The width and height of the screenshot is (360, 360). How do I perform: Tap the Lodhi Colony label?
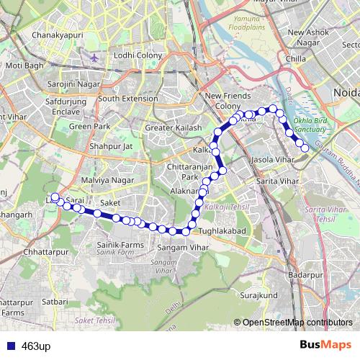(134, 55)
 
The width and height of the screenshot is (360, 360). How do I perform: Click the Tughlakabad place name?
(222, 230)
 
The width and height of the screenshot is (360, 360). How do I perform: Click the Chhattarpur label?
(45, 253)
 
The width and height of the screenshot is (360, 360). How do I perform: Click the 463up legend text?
(37, 346)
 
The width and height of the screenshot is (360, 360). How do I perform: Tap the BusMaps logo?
(325, 344)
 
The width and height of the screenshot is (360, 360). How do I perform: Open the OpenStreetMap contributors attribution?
(297, 322)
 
